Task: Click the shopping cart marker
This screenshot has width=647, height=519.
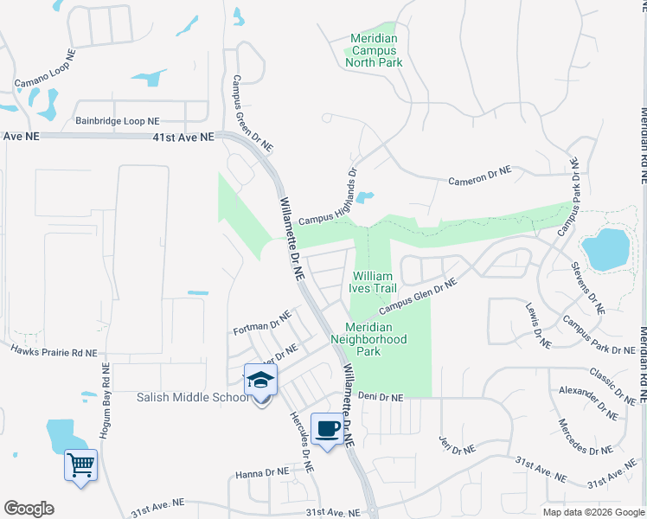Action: click(81, 466)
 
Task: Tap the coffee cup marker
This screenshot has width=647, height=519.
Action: click(327, 430)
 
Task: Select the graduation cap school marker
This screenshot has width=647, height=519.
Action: click(259, 381)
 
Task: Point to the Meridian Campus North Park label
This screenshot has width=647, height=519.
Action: click(374, 51)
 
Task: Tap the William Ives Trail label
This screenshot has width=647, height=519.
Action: click(373, 282)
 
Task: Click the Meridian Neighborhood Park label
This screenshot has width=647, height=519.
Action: click(368, 340)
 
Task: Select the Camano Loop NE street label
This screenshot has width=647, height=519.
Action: click(45, 69)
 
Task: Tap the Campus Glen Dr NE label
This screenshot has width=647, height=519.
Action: click(417, 296)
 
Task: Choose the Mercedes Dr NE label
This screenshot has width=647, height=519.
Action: click(586, 438)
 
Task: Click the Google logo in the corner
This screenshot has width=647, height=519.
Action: click(29, 509)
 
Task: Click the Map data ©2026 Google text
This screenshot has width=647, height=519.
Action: click(593, 512)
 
